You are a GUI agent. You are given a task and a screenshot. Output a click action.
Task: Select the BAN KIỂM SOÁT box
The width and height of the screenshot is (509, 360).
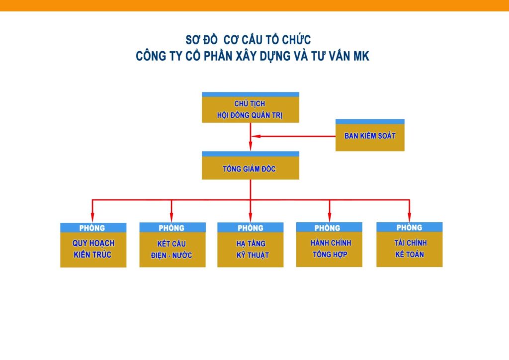tap(370, 135)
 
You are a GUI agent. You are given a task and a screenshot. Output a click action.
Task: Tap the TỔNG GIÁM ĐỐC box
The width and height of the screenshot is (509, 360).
tap(250, 168)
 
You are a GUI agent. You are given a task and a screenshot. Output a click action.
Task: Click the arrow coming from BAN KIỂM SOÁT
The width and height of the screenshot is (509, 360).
tap(298, 136)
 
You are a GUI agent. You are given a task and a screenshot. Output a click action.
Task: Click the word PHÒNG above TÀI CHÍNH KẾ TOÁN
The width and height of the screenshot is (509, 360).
tap(409, 227)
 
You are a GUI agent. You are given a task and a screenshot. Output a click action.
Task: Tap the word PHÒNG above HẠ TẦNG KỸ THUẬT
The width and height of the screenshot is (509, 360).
tap(250, 228)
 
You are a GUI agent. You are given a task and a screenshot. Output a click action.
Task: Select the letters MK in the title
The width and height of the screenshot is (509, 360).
tap(360, 56)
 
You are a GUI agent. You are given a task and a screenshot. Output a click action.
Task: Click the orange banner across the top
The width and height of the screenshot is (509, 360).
tap(254, 5)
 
